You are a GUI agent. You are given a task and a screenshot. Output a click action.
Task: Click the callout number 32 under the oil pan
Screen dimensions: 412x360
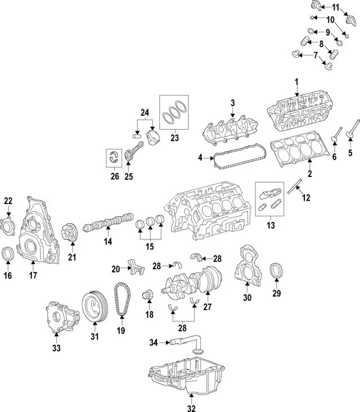tap(191, 408)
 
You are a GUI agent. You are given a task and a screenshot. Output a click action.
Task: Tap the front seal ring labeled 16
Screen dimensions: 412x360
tap(8, 255)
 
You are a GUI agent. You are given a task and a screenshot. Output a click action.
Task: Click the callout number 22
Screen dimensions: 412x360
tap(8, 201)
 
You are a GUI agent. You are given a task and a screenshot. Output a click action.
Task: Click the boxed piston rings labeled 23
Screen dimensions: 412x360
tap(175, 112)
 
